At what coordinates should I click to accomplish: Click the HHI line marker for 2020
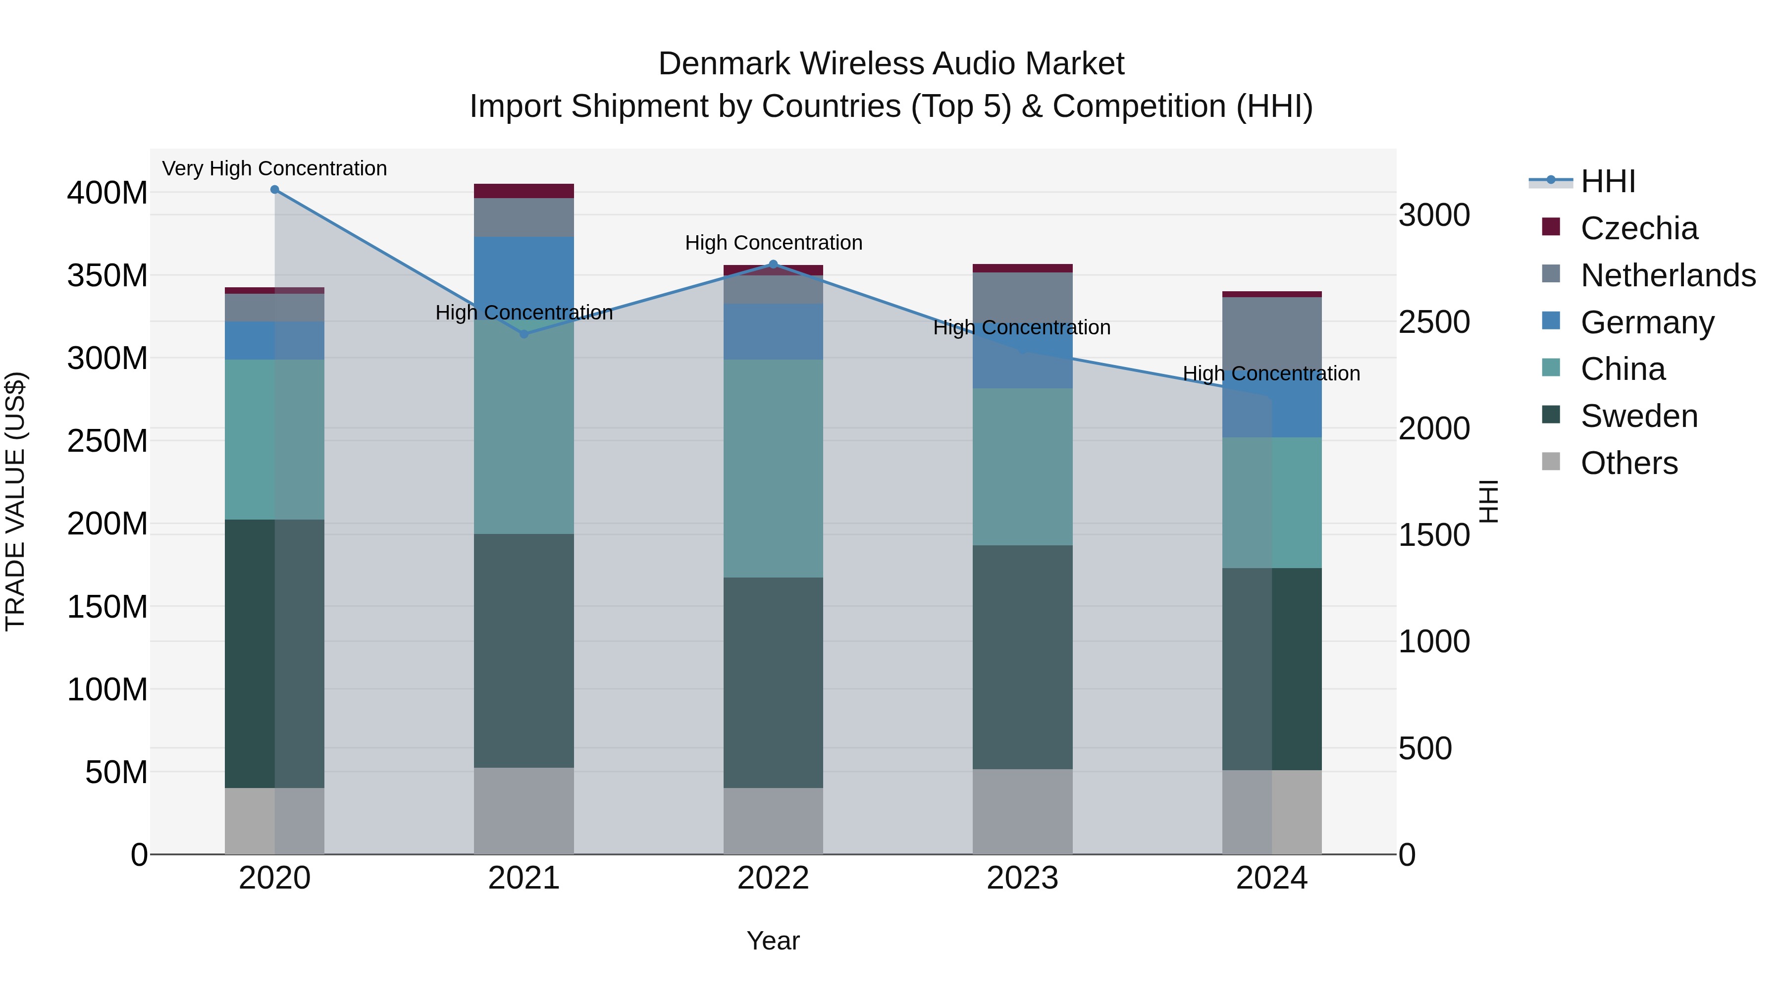pyautogui.click(x=275, y=190)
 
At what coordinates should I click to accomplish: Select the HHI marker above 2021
pyautogui.click(x=524, y=334)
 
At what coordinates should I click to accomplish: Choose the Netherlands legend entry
pyautogui.click(x=1667, y=275)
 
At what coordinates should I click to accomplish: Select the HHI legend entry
pyautogui.click(x=1607, y=181)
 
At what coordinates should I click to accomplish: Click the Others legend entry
pyautogui.click(x=1628, y=463)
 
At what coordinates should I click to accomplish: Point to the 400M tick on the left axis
pyautogui.click(x=107, y=193)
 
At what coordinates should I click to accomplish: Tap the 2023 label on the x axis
pyautogui.click(x=1022, y=878)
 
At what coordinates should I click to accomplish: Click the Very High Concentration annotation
pyautogui.click(x=275, y=168)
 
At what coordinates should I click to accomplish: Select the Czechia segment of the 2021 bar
pyautogui.click(x=524, y=191)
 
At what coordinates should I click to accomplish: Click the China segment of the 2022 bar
pyautogui.click(x=773, y=469)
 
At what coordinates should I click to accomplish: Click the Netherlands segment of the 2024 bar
pyautogui.click(x=1271, y=332)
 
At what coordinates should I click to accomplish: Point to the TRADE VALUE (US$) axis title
pyautogui.click(x=15, y=501)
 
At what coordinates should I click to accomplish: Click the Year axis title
pyautogui.click(x=773, y=941)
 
